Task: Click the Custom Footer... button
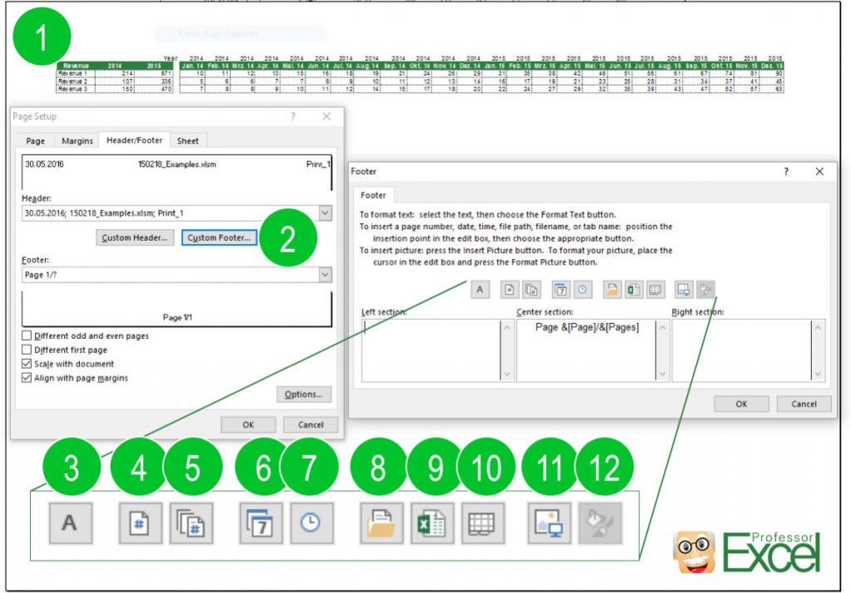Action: pyautogui.click(x=219, y=238)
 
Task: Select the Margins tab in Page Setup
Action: pyautogui.click(x=77, y=141)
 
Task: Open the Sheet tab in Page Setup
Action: pyautogui.click(x=188, y=141)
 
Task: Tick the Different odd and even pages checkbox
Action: pyautogui.click(x=27, y=336)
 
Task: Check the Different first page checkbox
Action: pyautogui.click(x=27, y=350)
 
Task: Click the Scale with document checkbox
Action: pyautogui.click(x=27, y=364)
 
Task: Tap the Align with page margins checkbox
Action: pyautogui.click(x=27, y=378)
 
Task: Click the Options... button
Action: pyautogui.click(x=304, y=395)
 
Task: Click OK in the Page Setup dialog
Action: pyautogui.click(x=248, y=424)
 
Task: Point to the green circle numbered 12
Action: pyautogui.click(x=603, y=468)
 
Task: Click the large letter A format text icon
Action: pyautogui.click(x=71, y=523)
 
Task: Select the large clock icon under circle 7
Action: pyautogui.click(x=310, y=523)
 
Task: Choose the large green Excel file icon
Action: pyautogui.click(x=432, y=523)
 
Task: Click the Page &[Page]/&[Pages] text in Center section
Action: pyautogui.click(x=587, y=327)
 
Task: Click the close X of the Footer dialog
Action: pyautogui.click(x=819, y=171)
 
